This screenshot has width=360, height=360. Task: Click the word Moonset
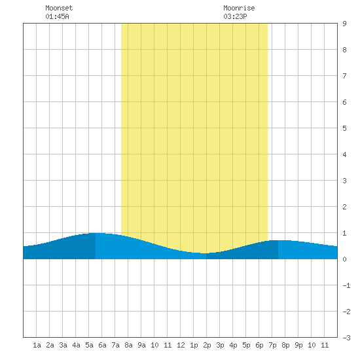tap(59, 8)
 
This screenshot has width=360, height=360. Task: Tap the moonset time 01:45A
tap(57, 16)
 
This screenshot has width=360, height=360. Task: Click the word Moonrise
tap(239, 8)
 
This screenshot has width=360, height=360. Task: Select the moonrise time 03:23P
tap(235, 16)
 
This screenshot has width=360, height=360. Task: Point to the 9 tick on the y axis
tap(344, 24)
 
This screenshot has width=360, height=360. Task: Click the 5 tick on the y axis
tap(344, 128)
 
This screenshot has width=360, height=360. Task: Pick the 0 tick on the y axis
tap(344, 259)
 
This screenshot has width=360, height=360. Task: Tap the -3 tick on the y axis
tap(347, 338)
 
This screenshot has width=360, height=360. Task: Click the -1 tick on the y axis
tap(347, 285)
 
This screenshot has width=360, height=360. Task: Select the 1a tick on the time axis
tap(37, 345)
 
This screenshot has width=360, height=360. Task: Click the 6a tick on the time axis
tap(102, 345)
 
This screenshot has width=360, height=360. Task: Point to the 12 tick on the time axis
tap(181, 345)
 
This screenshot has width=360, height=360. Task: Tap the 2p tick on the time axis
tap(207, 345)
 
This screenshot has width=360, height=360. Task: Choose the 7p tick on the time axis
tap(272, 345)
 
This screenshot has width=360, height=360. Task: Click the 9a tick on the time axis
tap(141, 345)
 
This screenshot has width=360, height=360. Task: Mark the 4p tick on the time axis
tap(233, 345)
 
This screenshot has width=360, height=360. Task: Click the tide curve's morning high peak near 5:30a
tap(96, 233)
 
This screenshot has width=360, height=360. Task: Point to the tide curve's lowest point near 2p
tap(206, 253)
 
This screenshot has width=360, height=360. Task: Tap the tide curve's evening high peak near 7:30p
tap(278, 240)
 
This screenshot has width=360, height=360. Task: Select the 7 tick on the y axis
tap(344, 76)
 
